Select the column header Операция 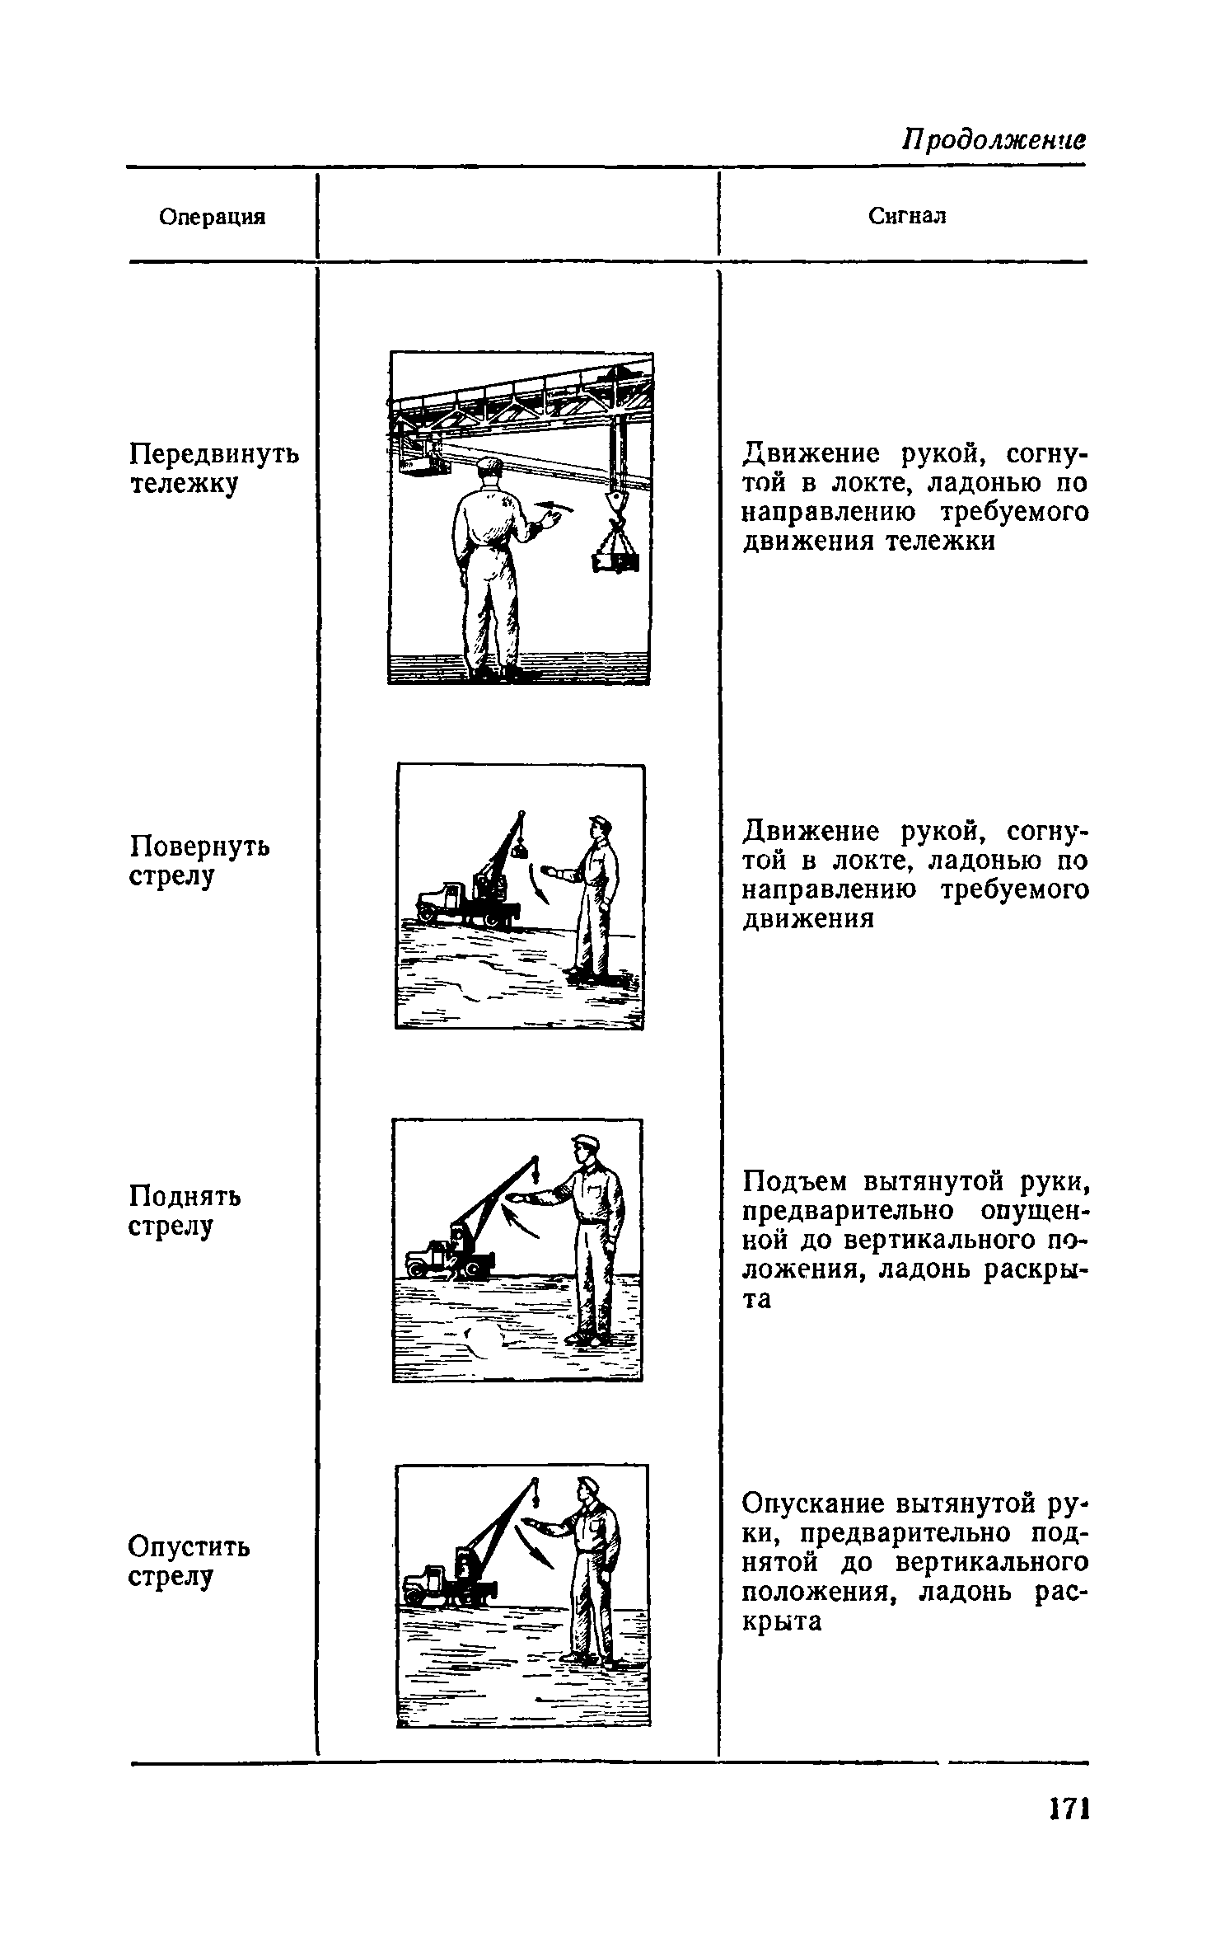[213, 217]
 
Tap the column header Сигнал [907, 216]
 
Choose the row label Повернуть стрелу [200, 861]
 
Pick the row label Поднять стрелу [185, 1210]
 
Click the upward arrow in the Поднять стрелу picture [521, 1220]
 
